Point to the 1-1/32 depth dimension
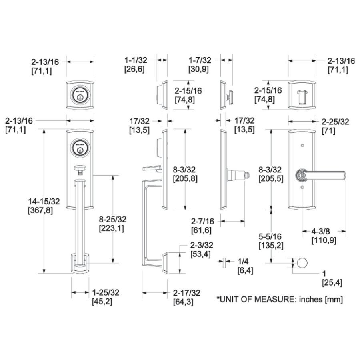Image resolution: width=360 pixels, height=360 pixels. pyautogui.click(x=136, y=64)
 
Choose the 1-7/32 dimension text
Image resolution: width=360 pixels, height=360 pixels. pyautogui.click(x=200, y=64)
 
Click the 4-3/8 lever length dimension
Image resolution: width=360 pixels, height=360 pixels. pyautogui.click(x=324, y=236)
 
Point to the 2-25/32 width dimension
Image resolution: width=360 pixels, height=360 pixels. pyautogui.click(x=336, y=126)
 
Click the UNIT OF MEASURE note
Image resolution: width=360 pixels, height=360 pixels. pyautogui.click(x=280, y=299)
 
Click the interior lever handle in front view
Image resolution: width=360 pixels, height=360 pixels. pyautogui.click(x=320, y=175)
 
